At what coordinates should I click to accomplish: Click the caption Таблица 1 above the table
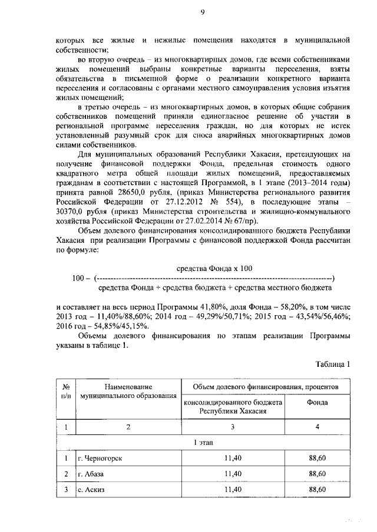click(332, 364)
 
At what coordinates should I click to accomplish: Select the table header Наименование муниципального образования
click(128, 391)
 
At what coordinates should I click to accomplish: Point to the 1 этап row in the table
click(204, 441)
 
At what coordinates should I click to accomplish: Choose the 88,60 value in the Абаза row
click(318, 473)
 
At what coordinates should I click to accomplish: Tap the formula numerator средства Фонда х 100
click(214, 268)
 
